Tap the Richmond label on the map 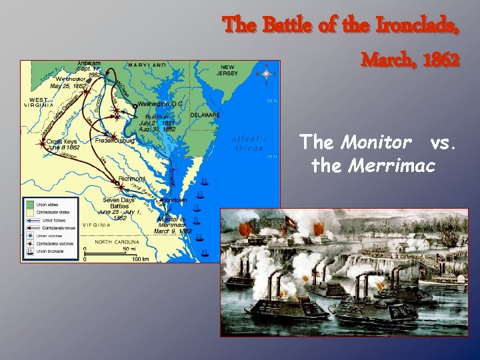(x=132, y=179)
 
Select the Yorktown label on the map (x=175, y=200)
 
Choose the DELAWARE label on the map (x=205, y=115)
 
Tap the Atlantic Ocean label (x=249, y=143)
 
